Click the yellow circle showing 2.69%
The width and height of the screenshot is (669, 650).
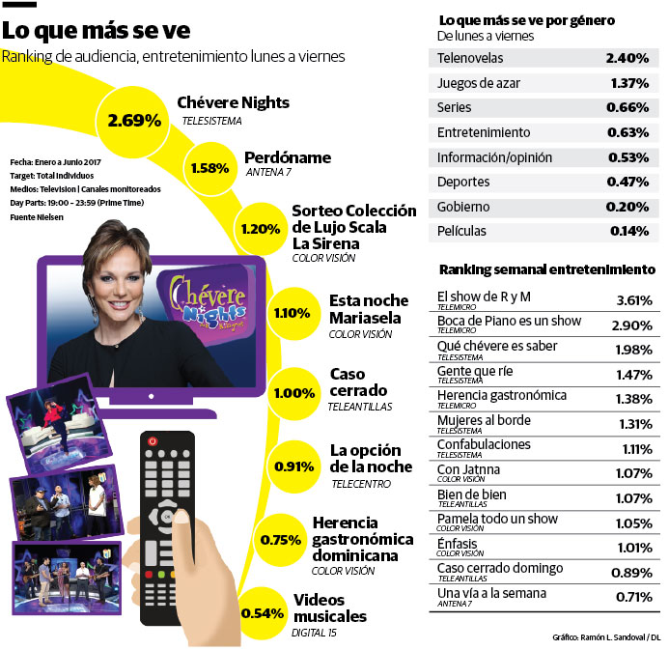pyautogui.click(x=133, y=121)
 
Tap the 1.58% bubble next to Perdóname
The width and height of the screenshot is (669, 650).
pyautogui.click(x=209, y=168)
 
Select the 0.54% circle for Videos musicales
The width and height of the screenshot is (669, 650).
pyautogui.click(x=263, y=613)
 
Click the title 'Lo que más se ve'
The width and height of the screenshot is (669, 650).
pyautogui.click(x=96, y=30)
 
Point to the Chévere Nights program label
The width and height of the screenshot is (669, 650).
pyautogui.click(x=233, y=102)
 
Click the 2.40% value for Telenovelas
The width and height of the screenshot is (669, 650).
pyautogui.click(x=627, y=58)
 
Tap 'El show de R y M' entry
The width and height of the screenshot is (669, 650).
pyautogui.click(x=484, y=297)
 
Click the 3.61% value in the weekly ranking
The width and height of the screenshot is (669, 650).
pyautogui.click(x=633, y=300)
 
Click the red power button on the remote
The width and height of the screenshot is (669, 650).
pyautogui.click(x=151, y=440)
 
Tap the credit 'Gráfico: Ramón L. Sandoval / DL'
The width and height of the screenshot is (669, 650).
pyautogui.click(x=606, y=637)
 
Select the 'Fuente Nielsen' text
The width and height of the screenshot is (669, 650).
pyautogui.click(x=38, y=218)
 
